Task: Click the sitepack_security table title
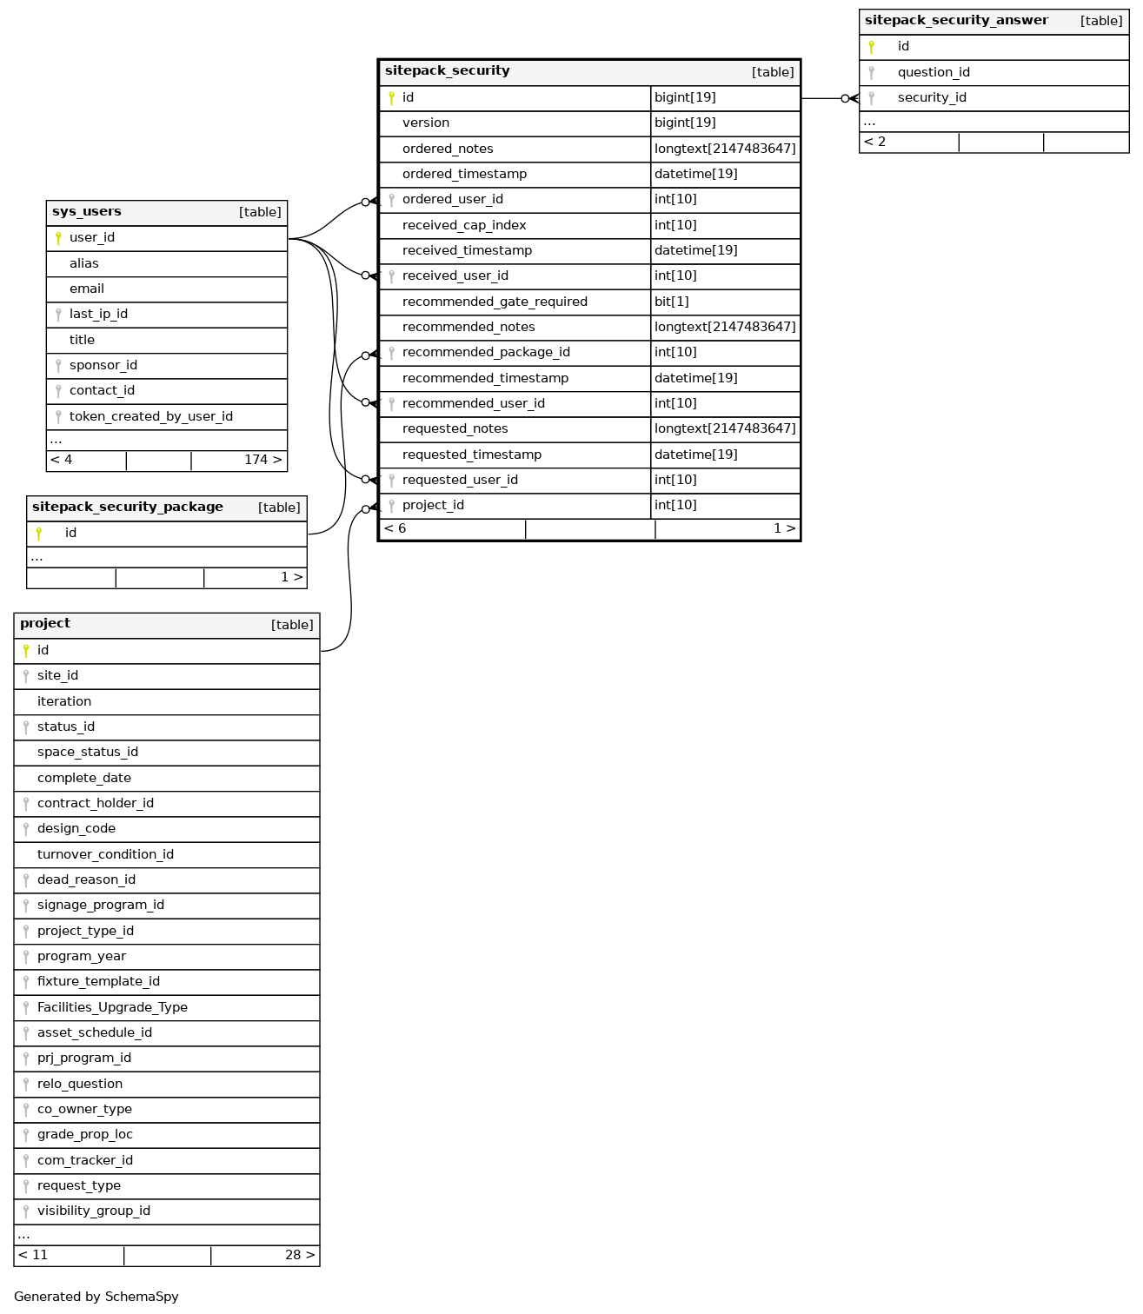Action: click(x=447, y=71)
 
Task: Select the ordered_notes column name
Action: click(x=448, y=149)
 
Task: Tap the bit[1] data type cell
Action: click(x=672, y=302)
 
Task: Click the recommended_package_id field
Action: click(x=486, y=352)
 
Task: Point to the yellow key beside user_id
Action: click(x=58, y=238)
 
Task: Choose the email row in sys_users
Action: click(x=87, y=289)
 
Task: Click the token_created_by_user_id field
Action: click(x=151, y=416)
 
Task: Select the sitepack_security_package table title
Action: click(x=128, y=508)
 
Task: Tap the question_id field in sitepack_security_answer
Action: click(x=934, y=72)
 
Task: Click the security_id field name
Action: click(x=932, y=97)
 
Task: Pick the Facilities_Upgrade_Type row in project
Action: click(x=112, y=1007)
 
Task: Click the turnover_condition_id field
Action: click(x=105, y=854)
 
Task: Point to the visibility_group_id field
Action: click(x=94, y=1211)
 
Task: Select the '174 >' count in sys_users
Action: click(x=262, y=460)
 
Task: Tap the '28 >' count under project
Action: click(x=300, y=1255)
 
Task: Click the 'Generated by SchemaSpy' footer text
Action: click(x=96, y=1297)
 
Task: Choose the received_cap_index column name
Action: click(x=464, y=225)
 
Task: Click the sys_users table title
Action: click(x=87, y=212)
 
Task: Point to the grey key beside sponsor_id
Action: click(x=58, y=366)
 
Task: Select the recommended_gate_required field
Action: click(x=495, y=302)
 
